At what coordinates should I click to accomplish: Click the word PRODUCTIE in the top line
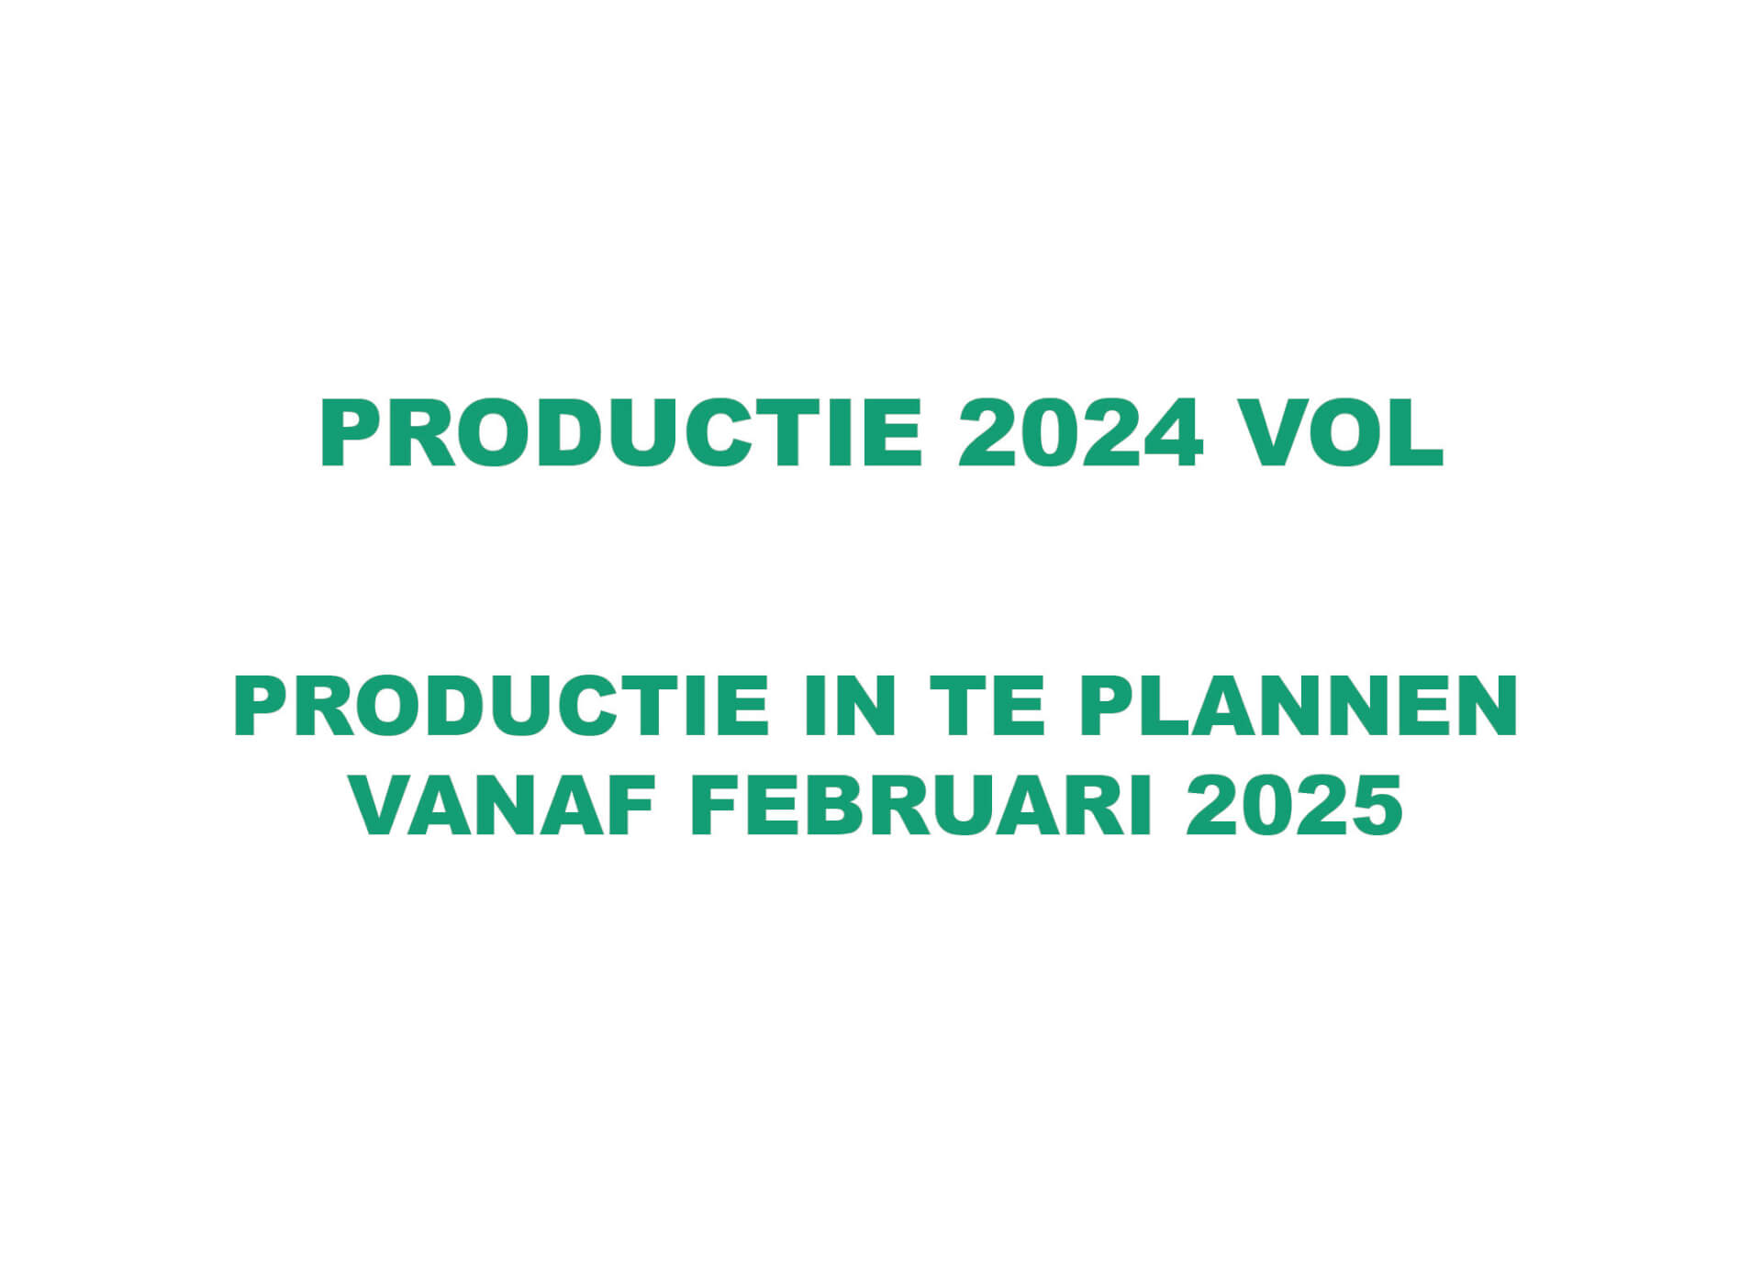620,433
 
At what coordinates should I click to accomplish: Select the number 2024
1080,433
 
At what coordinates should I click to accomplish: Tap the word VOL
1342,433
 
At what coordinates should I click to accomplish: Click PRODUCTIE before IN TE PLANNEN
501,706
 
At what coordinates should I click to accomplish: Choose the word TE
987,706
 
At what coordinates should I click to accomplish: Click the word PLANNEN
1299,706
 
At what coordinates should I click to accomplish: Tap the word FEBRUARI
920,805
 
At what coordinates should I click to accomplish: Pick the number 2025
1294,805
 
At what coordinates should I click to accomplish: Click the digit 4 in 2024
1172,433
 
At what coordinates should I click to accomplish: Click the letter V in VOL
1273,433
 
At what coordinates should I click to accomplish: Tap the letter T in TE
958,706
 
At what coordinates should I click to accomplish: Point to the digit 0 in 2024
1049,433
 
